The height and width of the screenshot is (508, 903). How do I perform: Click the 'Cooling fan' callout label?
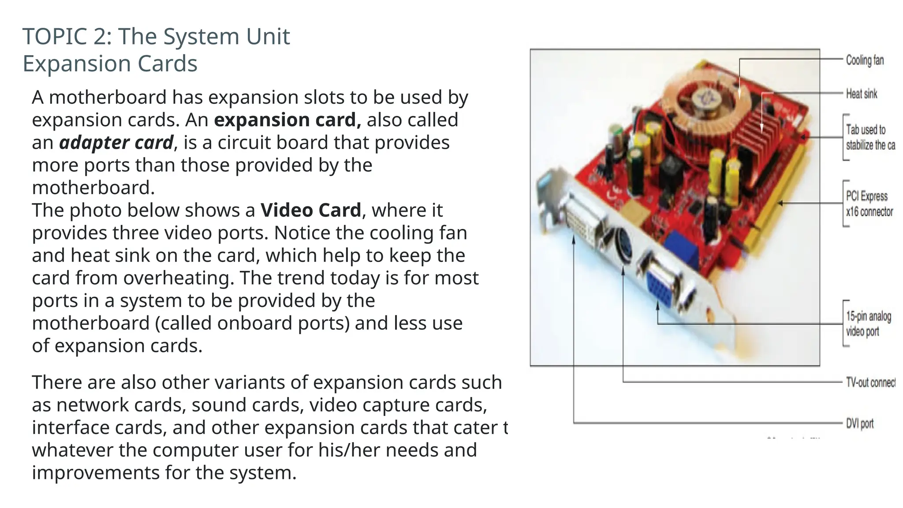coord(864,60)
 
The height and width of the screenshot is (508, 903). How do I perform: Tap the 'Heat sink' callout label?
coord(861,94)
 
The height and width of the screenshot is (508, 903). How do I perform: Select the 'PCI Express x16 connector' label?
coord(869,204)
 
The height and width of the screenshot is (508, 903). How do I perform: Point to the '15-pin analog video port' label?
coord(868,324)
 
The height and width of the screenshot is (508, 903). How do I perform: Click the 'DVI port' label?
coord(859,424)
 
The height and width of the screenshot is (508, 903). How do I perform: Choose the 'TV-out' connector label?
coord(870,382)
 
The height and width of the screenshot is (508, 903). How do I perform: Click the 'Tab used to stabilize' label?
coord(869,137)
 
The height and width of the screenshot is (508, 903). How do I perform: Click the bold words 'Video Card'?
coord(310,210)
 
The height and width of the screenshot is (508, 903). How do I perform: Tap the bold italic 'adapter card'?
coord(116,143)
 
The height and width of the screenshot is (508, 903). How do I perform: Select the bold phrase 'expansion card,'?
coord(287,120)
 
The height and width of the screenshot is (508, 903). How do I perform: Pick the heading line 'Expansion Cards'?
coord(110,63)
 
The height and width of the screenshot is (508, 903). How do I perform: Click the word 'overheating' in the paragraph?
coord(178,278)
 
